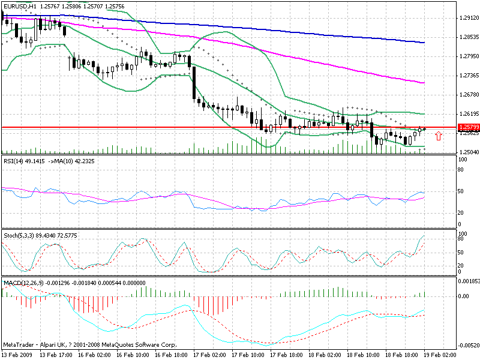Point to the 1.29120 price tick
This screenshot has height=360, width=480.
click(468, 18)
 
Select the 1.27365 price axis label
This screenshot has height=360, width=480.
click(468, 76)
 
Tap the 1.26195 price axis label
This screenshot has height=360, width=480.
click(468, 114)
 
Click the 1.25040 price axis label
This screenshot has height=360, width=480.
click(468, 152)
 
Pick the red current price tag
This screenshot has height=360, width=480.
click(468, 128)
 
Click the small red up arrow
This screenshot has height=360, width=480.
click(439, 136)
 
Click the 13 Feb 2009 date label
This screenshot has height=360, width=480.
click(16, 355)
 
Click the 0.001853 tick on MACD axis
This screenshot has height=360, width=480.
click(469, 281)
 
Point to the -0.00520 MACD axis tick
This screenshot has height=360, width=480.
click(469, 345)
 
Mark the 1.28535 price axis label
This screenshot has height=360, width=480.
click(468, 37)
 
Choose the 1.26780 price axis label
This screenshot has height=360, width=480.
click(468, 95)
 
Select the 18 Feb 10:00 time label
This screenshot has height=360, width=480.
click(364, 355)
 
